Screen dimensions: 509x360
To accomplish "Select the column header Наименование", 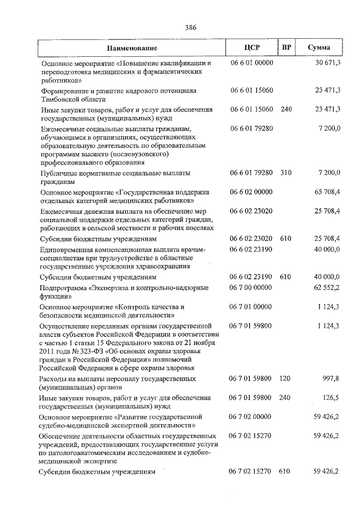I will tap(133, 48).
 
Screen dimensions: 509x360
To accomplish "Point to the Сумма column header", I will tap(319, 48).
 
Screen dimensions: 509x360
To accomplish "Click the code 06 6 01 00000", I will tap(251, 63).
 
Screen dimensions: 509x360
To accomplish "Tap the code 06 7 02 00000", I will tap(251, 416).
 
